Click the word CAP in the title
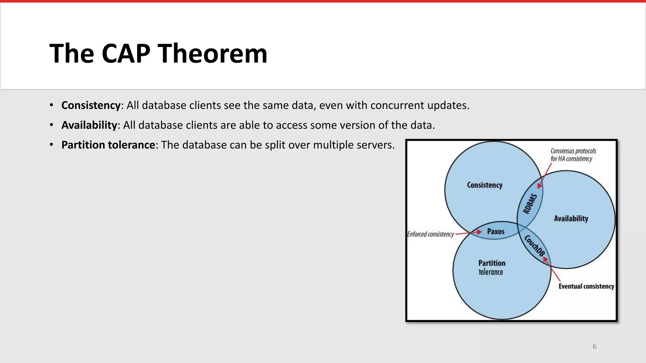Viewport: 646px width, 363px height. coord(126,54)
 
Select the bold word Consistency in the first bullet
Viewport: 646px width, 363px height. coord(91,105)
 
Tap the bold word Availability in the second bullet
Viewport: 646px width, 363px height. coord(89,125)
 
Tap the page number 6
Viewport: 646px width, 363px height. coord(594,347)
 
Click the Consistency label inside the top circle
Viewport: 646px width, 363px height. coord(484,185)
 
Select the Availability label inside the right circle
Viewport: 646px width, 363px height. coord(571,218)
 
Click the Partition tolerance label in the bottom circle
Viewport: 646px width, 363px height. coord(491,267)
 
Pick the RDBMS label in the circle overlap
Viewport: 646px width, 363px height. coord(530,204)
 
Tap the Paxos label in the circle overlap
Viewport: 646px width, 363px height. coord(496,231)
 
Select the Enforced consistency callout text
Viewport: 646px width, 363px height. coord(430,234)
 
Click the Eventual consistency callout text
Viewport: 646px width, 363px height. coord(586,286)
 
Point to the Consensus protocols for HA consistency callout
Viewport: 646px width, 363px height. coord(573,155)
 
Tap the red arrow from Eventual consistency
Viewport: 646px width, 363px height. coord(552,270)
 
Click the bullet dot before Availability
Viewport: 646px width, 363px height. coord(51,125)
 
